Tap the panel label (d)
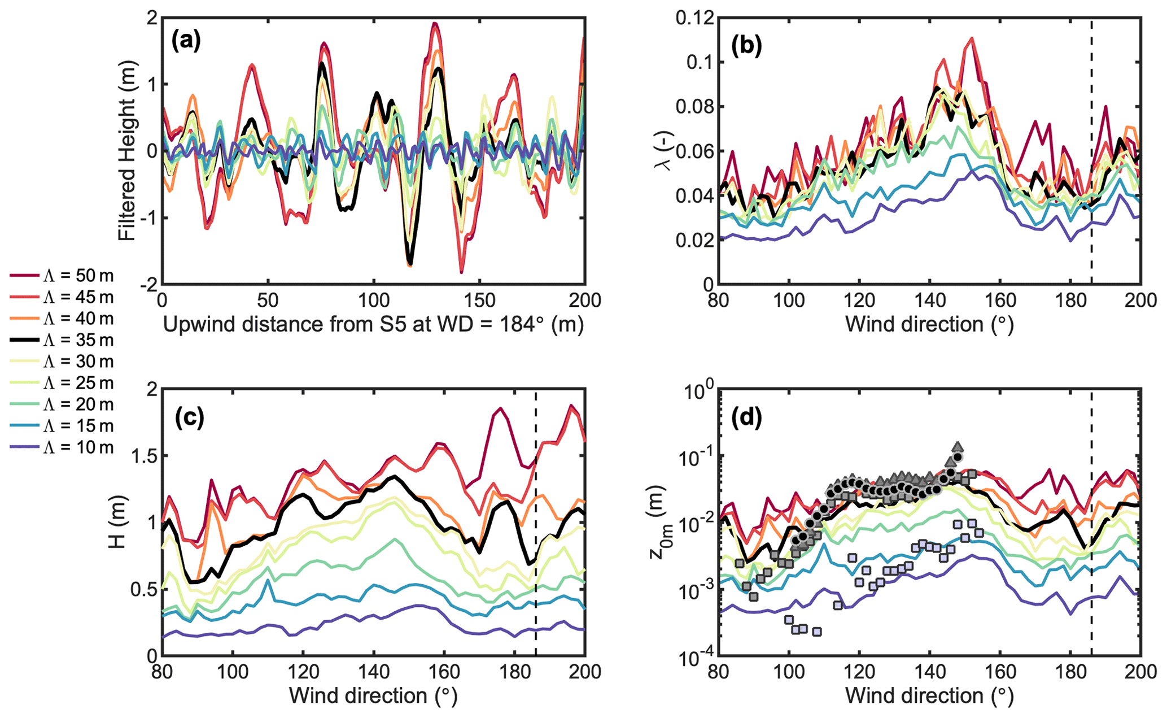[x=746, y=417]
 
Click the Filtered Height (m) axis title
[x=128, y=151]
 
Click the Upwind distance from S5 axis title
[x=373, y=325]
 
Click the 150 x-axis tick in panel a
[x=479, y=300]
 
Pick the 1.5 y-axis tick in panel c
[x=143, y=456]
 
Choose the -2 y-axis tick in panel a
[x=148, y=285]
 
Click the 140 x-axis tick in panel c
[x=373, y=672]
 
